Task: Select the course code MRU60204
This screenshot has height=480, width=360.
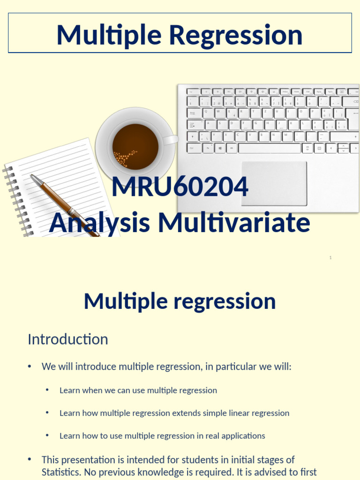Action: [x=180, y=187]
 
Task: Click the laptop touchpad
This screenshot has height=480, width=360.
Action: [x=274, y=183]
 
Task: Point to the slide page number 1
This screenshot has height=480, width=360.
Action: [x=330, y=258]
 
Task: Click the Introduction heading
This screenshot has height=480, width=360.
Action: [x=68, y=339]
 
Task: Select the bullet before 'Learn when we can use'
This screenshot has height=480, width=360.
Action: [x=47, y=390]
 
